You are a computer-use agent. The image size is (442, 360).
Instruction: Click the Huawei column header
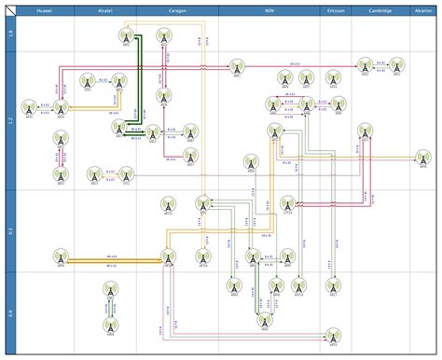pyautogui.click(x=45, y=11)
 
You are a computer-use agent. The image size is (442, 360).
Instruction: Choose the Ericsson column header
pyautogui.click(x=335, y=11)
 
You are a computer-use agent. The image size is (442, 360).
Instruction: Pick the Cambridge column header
pyautogui.click(x=380, y=11)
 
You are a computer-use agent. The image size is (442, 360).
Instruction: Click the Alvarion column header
pyautogui.click(x=422, y=11)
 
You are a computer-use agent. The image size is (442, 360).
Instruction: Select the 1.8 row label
pyautogui.click(x=9, y=34)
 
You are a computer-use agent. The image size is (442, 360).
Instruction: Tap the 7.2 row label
pyautogui.click(x=9, y=121)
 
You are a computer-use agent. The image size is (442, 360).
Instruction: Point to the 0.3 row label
pyautogui.click(x=9, y=231)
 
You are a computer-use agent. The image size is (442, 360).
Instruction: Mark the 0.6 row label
pyautogui.click(x=9, y=313)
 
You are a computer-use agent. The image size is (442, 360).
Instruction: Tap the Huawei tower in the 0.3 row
pyautogui.click(x=61, y=256)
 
